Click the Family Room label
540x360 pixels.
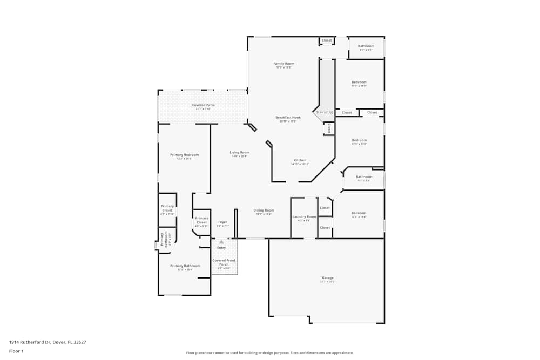click(283, 64)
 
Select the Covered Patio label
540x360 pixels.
click(204, 105)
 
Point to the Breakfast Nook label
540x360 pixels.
click(288, 117)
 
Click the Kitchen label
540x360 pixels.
click(300, 160)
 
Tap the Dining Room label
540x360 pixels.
click(264, 210)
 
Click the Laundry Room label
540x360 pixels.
click(304, 216)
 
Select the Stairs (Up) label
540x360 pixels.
click(324, 112)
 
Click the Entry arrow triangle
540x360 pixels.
click(221, 242)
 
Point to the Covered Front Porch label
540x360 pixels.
click(224, 262)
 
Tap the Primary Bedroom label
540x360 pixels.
click(184, 155)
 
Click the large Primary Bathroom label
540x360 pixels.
click(185, 266)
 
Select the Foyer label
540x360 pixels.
click(222, 222)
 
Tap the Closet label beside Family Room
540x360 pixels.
click(327, 40)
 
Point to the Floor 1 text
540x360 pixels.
click(17, 351)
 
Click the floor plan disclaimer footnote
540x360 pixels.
click(270, 353)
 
